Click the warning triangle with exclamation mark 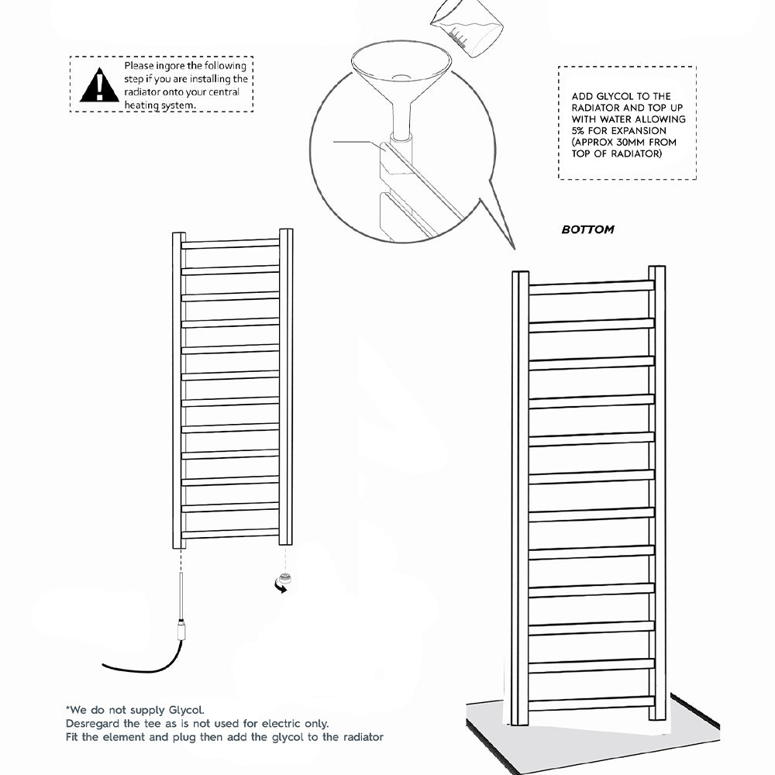pos(99,85)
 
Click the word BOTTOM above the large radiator pos(587,229)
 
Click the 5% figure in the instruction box pos(579,131)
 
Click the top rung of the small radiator pos(230,244)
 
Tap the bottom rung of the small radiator pos(230,533)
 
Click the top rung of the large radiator pos(591,287)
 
